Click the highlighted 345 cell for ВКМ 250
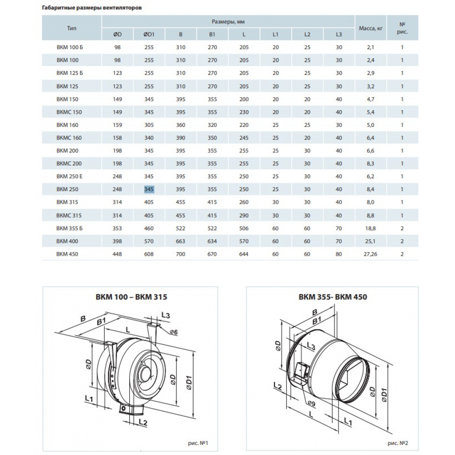pos(149,189)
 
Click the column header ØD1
pos(149,34)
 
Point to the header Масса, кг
pos(371,28)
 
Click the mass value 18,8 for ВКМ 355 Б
pos(371,227)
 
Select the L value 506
pos(244,227)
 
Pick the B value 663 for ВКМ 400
pos(181,241)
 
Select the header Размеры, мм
pos(228,21)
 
